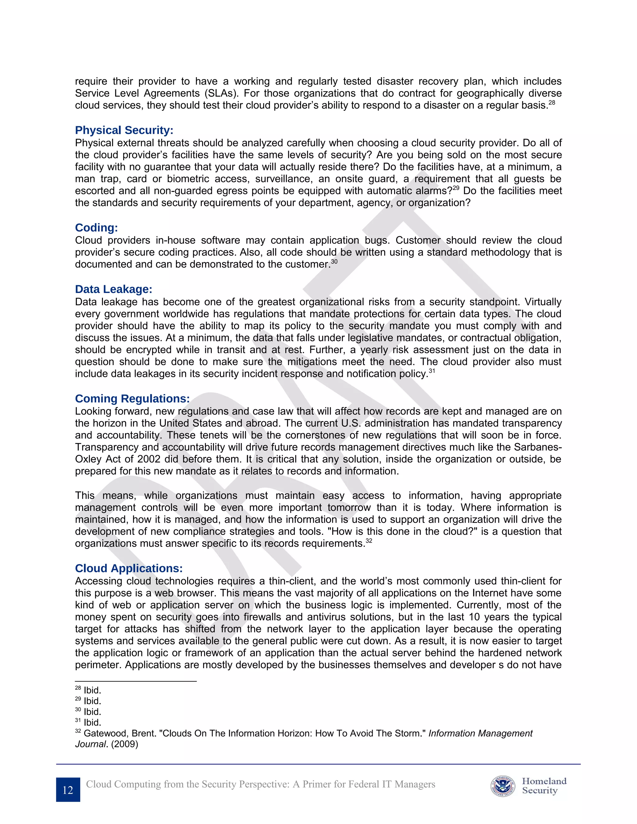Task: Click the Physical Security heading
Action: pyautogui.click(x=124, y=130)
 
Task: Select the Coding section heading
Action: pyautogui.click(x=96, y=228)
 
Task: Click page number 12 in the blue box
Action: pyautogui.click(x=68, y=790)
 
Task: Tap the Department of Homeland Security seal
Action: pyautogui.click(x=503, y=787)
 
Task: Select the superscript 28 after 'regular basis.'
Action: pyautogui.click(x=552, y=102)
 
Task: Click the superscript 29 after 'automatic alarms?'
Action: pyautogui.click(x=456, y=188)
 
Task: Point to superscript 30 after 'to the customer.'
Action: pyautogui.click(x=334, y=262)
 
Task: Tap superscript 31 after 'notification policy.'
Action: pyautogui.click(x=432, y=371)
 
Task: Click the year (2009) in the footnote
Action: pyautogui.click(x=125, y=744)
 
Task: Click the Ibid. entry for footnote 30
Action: pyautogui.click(x=92, y=712)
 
